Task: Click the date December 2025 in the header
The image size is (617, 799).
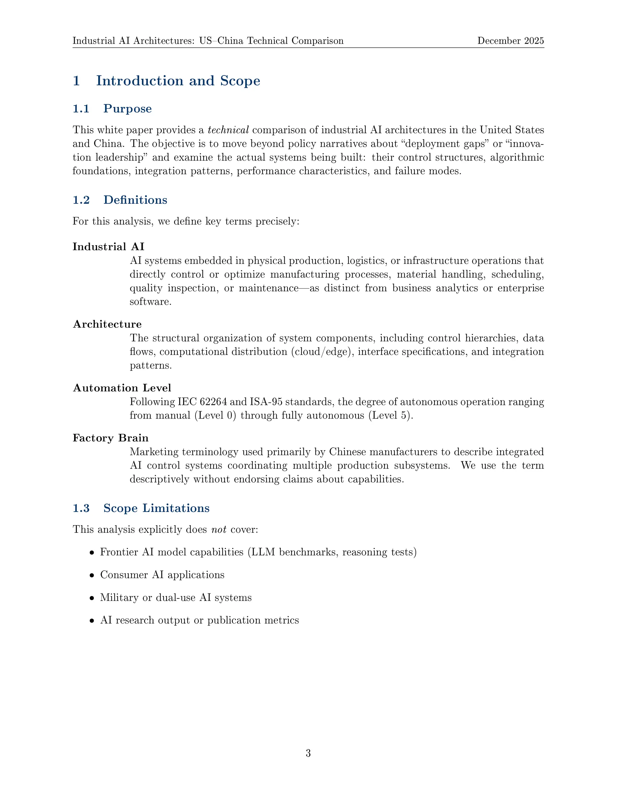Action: (x=510, y=41)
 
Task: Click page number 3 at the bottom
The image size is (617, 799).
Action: (x=308, y=753)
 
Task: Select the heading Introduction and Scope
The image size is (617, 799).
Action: (x=178, y=81)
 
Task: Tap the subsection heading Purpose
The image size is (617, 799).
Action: (x=127, y=109)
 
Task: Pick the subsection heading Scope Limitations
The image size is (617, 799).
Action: (x=156, y=508)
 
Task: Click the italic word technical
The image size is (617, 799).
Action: (x=228, y=130)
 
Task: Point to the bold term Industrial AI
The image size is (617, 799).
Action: (x=108, y=247)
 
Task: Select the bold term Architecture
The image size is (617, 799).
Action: (x=107, y=324)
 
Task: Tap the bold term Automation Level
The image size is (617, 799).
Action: (x=122, y=388)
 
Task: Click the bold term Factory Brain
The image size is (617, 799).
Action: (x=110, y=438)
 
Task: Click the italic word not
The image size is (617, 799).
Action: (x=219, y=529)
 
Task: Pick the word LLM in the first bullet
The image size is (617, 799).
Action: (x=261, y=552)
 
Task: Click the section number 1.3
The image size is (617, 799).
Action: (x=81, y=508)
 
